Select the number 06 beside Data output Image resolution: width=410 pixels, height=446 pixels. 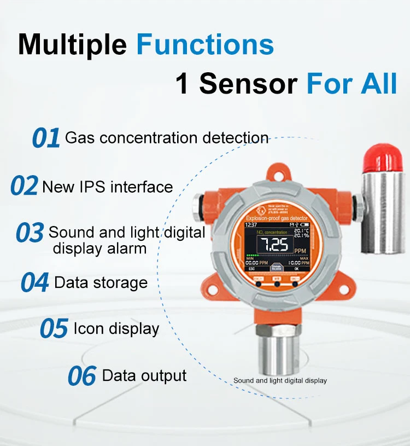coord(82,377)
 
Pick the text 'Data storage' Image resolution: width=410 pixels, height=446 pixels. coord(101,282)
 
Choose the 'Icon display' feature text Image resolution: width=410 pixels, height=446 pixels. coord(116,328)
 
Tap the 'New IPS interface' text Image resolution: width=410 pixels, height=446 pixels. coord(107,187)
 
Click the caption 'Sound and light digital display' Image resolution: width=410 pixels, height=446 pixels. coord(280,380)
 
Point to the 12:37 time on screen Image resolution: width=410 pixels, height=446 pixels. coord(251,224)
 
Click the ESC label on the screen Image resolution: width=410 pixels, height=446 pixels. coord(252,269)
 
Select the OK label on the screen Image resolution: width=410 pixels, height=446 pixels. coord(297,269)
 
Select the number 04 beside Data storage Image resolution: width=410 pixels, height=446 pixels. coord(35,283)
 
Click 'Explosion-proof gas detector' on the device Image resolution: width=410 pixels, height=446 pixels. coord(277,218)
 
